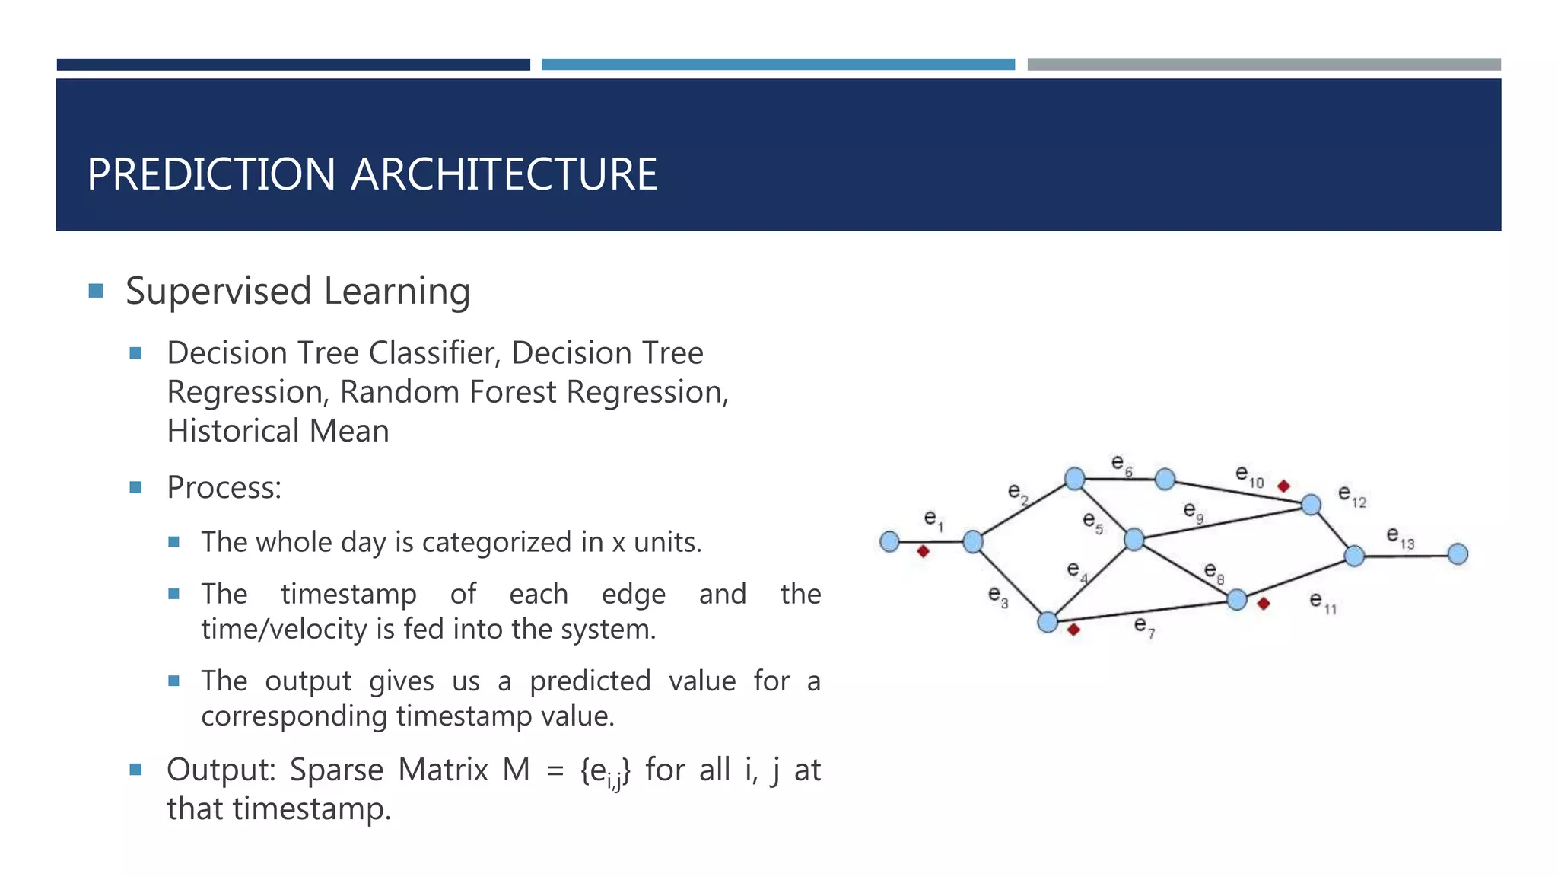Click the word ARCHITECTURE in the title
tap(504, 174)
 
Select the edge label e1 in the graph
tap(933, 520)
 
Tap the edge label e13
tap(1399, 537)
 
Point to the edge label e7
tap(1143, 627)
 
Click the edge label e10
tap(1248, 477)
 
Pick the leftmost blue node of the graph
tap(889, 541)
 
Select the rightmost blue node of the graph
tap(1458, 553)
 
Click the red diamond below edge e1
tap(923, 551)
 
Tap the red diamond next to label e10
tap(1283, 486)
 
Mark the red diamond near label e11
tap(1264, 604)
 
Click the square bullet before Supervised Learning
tap(96, 291)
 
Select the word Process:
tap(224, 488)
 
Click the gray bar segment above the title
tap(1263, 65)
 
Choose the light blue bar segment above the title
tap(777, 65)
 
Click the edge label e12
tap(1351, 496)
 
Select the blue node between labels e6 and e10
tap(1165, 479)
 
